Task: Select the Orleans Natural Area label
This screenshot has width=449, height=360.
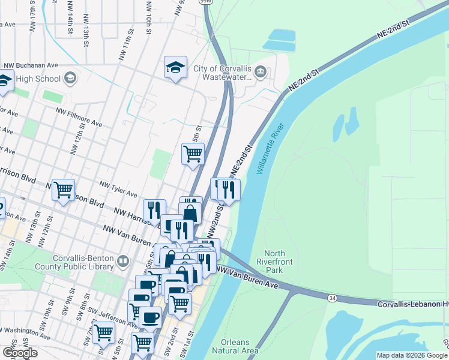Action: point(236,346)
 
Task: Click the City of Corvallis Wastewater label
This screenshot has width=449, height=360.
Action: point(222,73)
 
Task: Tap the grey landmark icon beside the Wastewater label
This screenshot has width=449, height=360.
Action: point(260,73)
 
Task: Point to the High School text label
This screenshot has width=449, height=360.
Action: point(38,79)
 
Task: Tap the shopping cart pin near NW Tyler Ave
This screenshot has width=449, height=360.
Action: point(63,191)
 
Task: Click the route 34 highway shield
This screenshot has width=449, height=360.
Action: point(332,298)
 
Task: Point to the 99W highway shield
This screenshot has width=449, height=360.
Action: point(205,2)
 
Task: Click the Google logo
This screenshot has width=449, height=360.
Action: point(20,353)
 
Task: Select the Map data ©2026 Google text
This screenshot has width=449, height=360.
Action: point(412,355)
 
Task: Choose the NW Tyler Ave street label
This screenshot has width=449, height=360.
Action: point(119,190)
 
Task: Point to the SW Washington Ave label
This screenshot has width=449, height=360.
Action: point(24,330)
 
